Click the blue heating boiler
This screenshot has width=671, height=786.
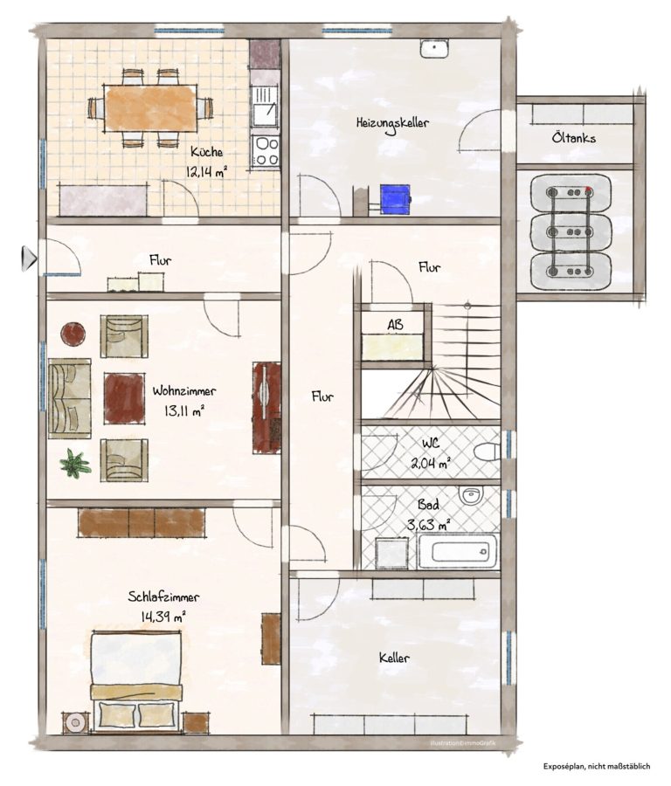tap(395, 200)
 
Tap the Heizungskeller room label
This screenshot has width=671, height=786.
tap(392, 123)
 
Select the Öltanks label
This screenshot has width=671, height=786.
tap(574, 137)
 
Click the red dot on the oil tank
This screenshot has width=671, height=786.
tap(588, 190)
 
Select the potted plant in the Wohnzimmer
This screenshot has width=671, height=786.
tap(76, 463)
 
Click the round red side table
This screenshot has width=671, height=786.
tap(73, 334)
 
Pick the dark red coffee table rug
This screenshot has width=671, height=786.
tap(124, 397)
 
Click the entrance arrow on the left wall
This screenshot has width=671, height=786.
tap(29, 259)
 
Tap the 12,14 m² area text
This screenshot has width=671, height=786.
tap(206, 172)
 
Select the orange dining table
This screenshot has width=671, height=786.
tap(151, 108)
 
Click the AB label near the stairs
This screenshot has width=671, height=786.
tap(395, 324)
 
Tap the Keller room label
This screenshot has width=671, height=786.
tap(394, 657)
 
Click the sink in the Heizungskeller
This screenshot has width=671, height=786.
tap(434, 49)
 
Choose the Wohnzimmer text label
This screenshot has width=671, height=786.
tap(184, 390)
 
